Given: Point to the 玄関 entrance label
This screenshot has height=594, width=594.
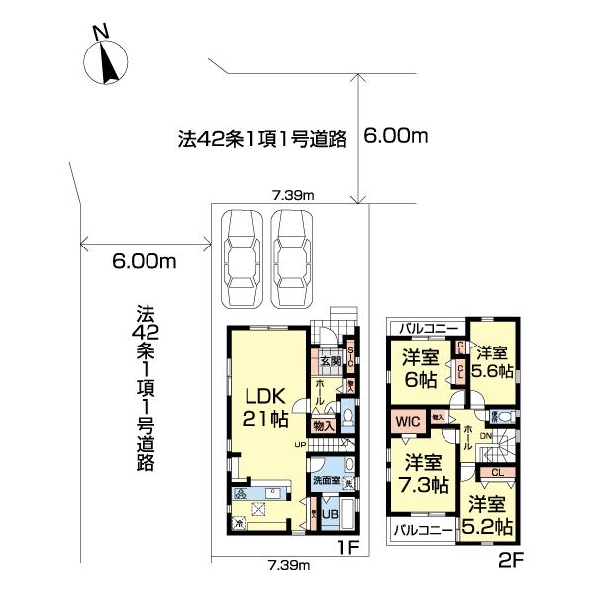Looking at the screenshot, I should [325, 360].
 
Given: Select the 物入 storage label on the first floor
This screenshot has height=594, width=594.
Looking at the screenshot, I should [324, 425].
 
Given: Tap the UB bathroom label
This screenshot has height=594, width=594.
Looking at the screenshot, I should [330, 515].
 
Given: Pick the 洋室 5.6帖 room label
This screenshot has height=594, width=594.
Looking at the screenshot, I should [493, 360].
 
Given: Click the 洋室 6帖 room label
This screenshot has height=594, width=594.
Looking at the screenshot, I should [421, 365].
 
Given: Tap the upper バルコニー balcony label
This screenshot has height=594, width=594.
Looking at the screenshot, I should [428, 327].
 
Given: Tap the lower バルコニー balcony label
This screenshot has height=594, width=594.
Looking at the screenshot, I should [423, 531].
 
